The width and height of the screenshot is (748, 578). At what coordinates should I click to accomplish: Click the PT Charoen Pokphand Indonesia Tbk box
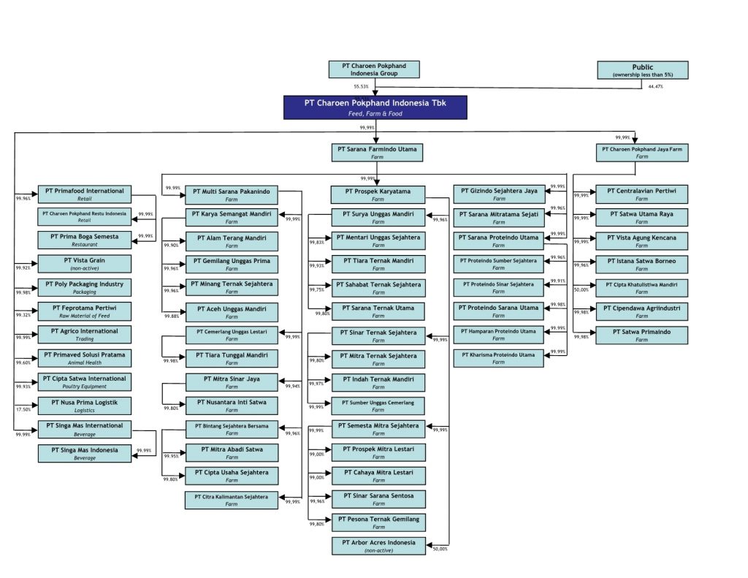(x=375, y=107)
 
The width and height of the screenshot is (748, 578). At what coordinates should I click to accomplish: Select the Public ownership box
(x=642, y=70)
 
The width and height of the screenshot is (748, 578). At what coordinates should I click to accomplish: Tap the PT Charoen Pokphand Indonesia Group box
(x=374, y=70)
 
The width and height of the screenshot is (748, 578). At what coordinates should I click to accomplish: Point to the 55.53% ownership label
(x=361, y=87)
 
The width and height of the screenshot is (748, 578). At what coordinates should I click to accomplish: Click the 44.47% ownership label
(x=655, y=87)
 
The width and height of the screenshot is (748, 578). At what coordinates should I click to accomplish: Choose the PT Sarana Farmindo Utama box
(x=377, y=152)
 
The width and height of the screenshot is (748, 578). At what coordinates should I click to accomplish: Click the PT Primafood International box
(x=85, y=194)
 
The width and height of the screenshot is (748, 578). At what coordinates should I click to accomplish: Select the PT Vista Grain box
(x=85, y=264)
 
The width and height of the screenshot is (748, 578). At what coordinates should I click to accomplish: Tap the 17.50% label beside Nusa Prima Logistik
(x=23, y=410)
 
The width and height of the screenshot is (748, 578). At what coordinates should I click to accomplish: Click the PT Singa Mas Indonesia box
(x=85, y=453)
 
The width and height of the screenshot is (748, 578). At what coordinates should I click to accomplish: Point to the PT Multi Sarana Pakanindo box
(x=232, y=195)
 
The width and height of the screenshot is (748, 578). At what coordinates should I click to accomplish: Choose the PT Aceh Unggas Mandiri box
(x=232, y=312)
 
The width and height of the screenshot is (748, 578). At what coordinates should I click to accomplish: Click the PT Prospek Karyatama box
(x=378, y=195)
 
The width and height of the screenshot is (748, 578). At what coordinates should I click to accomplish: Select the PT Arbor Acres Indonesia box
(x=378, y=546)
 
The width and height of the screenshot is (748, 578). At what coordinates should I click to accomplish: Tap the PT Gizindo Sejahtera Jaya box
(x=499, y=194)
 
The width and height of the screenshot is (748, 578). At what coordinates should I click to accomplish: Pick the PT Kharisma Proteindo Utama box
(x=499, y=358)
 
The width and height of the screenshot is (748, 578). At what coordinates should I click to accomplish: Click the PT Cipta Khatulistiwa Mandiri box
(x=641, y=288)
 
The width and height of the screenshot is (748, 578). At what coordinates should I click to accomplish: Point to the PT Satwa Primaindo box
(x=641, y=335)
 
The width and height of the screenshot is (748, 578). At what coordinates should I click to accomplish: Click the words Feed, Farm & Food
(x=375, y=113)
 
